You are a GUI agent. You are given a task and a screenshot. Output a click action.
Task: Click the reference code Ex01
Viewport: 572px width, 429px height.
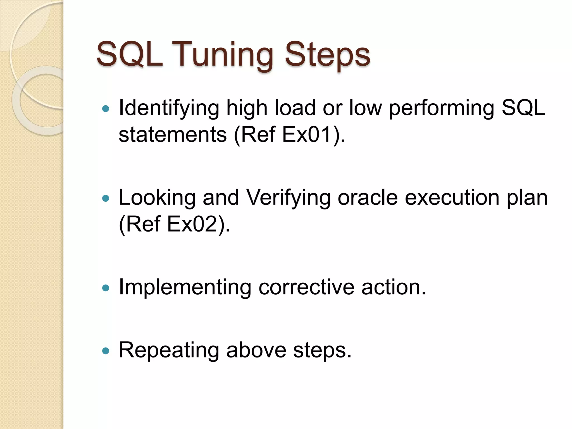pyautogui.click(x=308, y=134)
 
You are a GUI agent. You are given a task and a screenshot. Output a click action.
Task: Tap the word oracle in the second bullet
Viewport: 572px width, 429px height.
pyautogui.click(x=367, y=197)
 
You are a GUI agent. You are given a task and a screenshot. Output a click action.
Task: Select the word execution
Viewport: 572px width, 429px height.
pyautogui.click(x=452, y=197)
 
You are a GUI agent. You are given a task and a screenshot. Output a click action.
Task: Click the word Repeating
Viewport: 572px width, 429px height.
pyautogui.click(x=169, y=351)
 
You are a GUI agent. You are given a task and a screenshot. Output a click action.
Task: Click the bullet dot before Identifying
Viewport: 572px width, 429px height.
pyautogui.click(x=106, y=109)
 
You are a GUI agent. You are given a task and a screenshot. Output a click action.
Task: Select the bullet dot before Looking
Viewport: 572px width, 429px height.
pyautogui.click(x=106, y=198)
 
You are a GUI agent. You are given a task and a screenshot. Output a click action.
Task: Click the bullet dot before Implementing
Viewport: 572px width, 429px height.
pyautogui.click(x=106, y=288)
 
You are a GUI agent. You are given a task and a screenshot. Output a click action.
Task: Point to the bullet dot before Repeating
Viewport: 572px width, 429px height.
pyautogui.click(x=106, y=351)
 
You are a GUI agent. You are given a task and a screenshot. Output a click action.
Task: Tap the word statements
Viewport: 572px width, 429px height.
pyautogui.click(x=172, y=134)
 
